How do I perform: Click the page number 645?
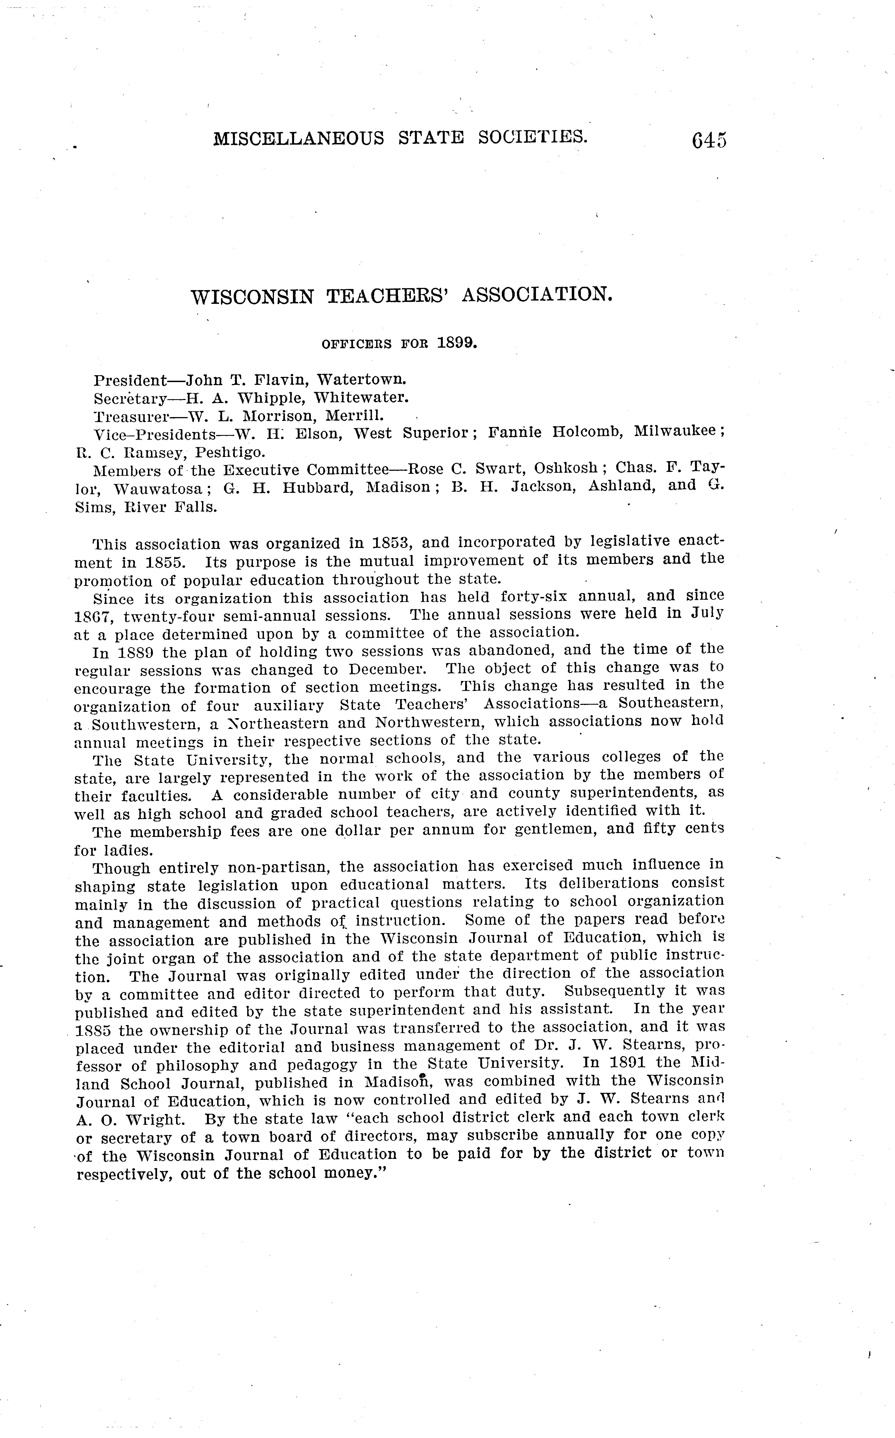[x=708, y=141]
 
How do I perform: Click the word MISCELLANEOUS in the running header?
[x=298, y=139]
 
